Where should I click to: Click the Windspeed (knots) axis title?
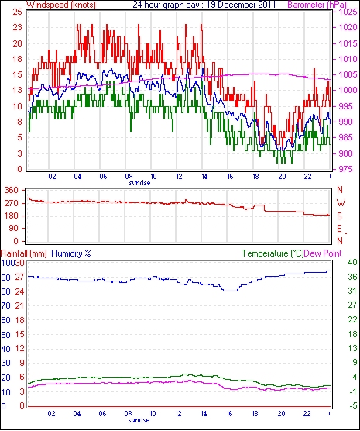pos(61,5)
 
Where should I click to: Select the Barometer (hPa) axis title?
pos(317,5)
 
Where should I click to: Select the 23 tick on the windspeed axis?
pos(17,27)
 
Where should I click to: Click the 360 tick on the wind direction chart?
pos(12,190)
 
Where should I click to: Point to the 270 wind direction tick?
pos(12,203)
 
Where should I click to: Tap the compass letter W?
pos(341,203)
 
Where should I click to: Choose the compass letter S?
pos(339,216)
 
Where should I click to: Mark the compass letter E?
pos(339,229)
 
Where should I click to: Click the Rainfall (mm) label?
pos(24,253)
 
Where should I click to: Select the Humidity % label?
pos(71,253)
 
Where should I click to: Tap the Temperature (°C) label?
pos(273,253)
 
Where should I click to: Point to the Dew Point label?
pos(323,253)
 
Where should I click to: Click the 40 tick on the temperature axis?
pos(352,262)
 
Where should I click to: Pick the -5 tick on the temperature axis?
pos(352,405)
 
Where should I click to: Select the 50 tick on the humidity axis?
pos(5,335)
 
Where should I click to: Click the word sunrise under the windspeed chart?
pos(139,183)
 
